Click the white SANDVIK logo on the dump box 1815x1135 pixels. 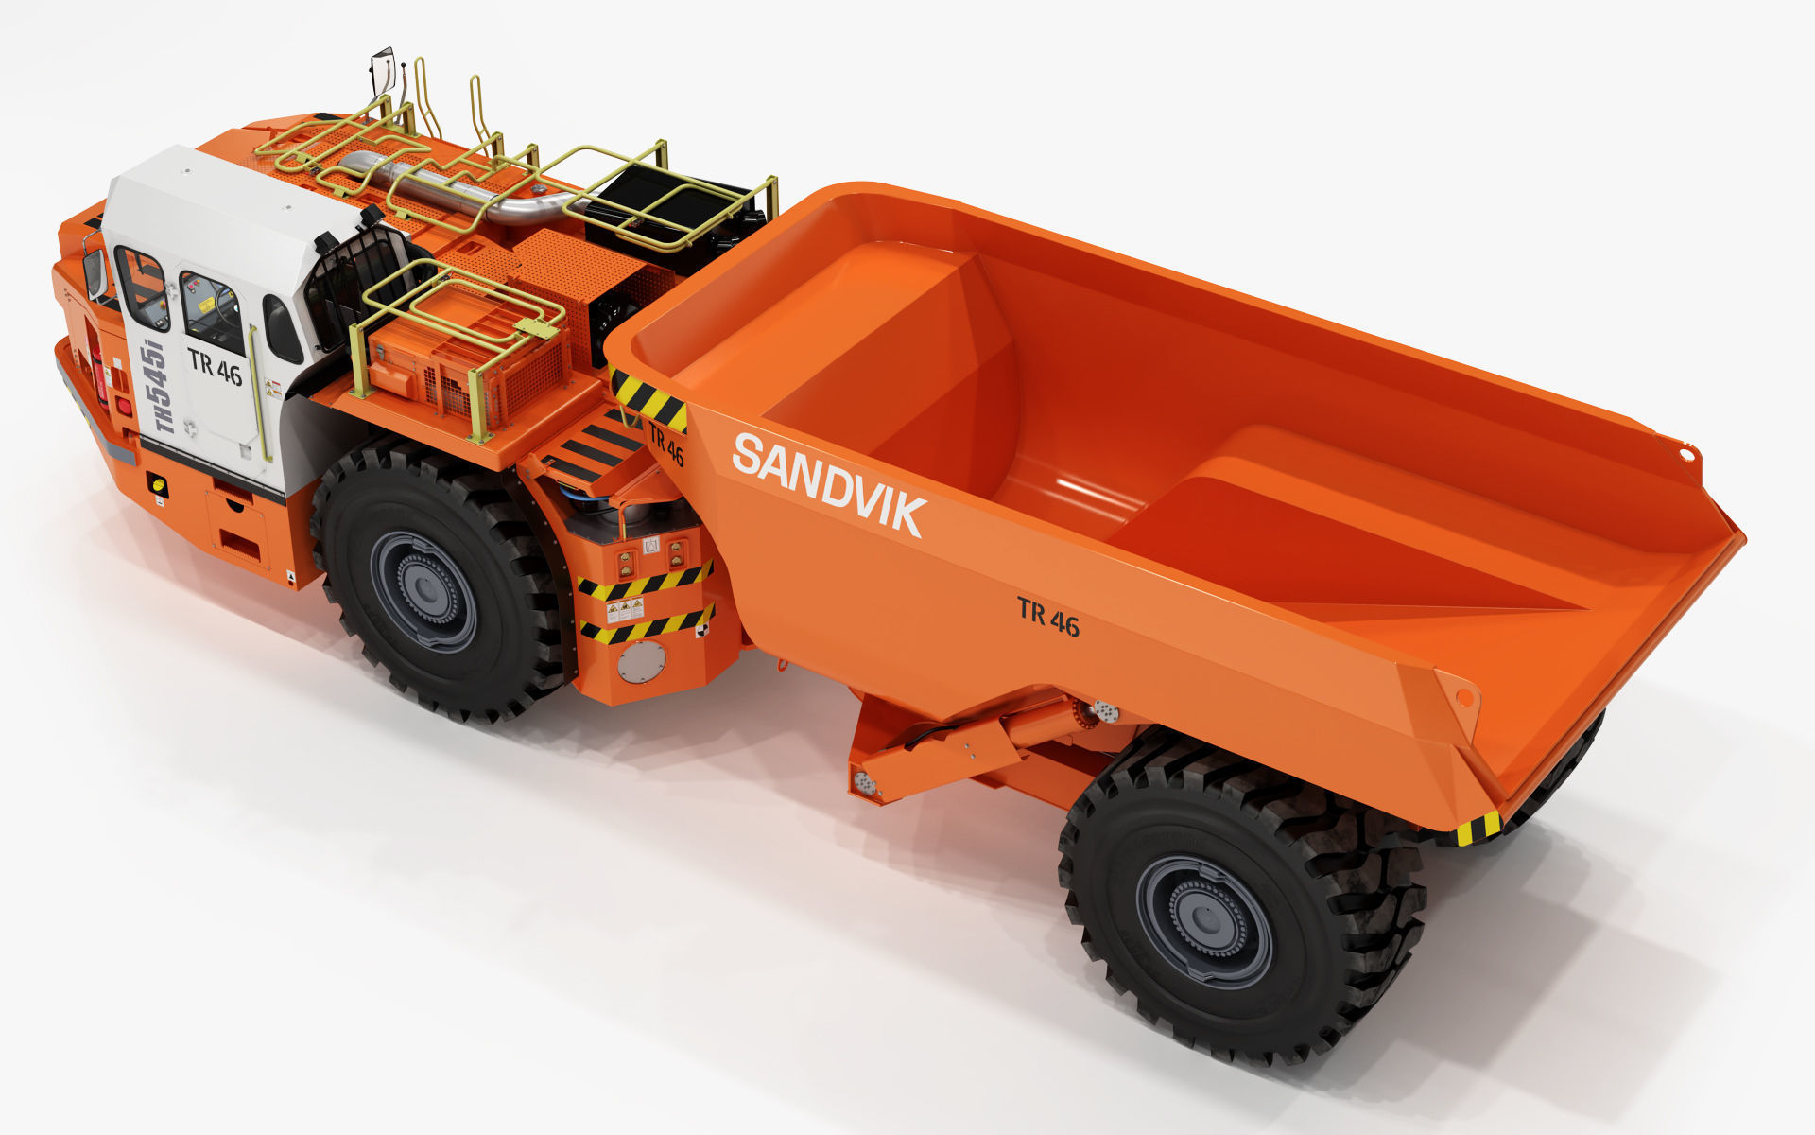pyautogui.click(x=828, y=483)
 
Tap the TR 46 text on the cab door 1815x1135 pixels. pyautogui.click(x=215, y=366)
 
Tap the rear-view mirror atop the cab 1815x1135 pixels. pyautogui.click(x=382, y=70)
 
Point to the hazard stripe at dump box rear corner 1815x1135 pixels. pyautogui.click(x=1478, y=829)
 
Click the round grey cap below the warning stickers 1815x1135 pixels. pyautogui.click(x=641, y=661)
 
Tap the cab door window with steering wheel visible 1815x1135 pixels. pyautogui.click(x=212, y=312)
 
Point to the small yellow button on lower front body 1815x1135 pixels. pyautogui.click(x=158, y=486)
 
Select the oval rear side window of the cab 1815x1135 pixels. pyautogui.click(x=282, y=329)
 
